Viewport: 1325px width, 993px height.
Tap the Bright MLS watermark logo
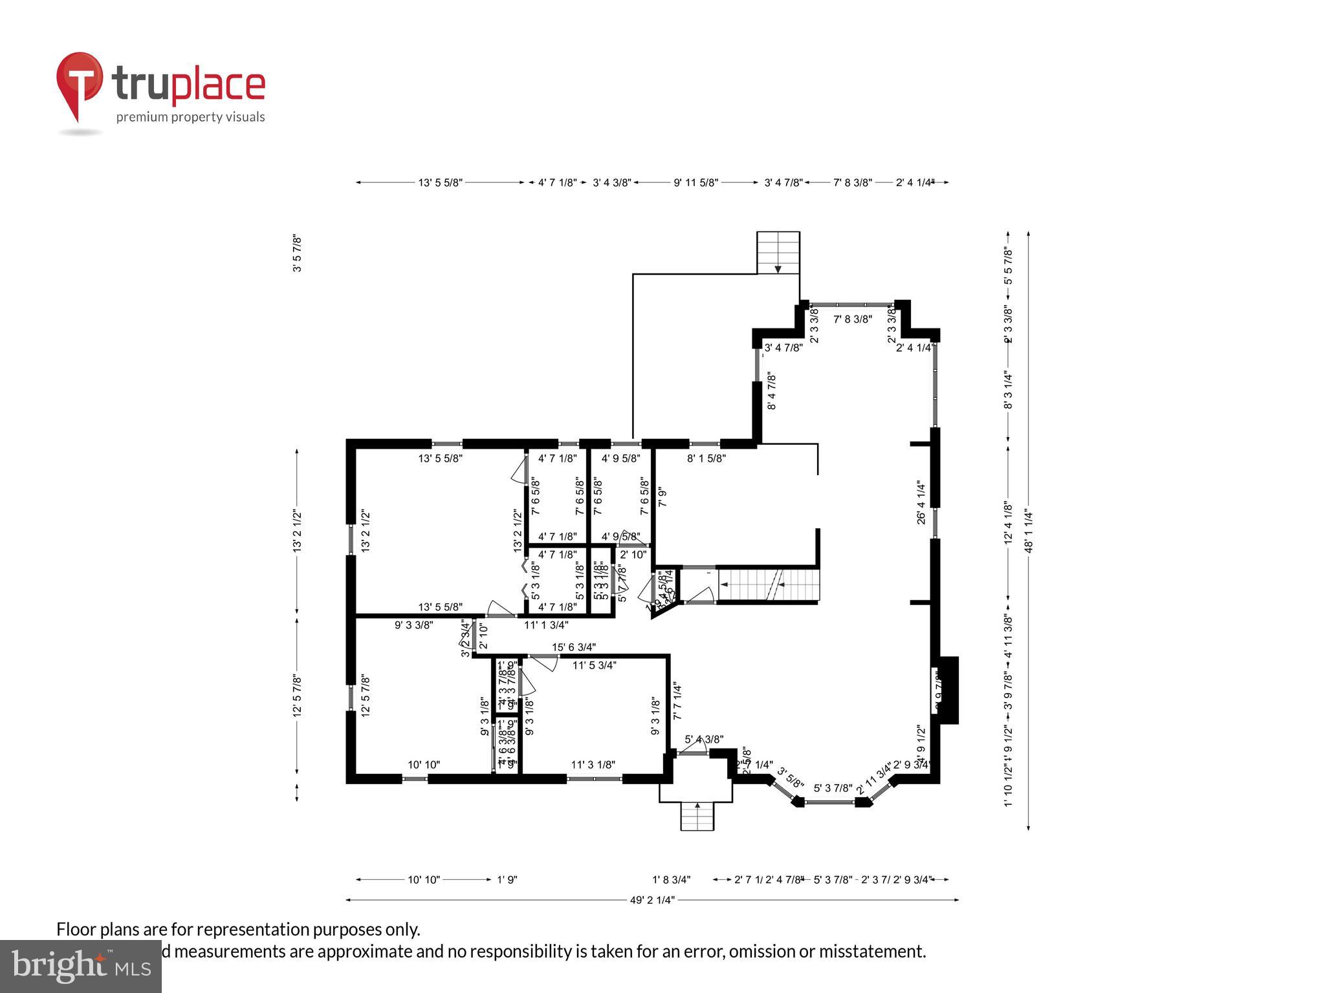80,966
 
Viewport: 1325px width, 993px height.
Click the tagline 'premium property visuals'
190,117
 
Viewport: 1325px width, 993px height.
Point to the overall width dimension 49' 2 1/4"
652,899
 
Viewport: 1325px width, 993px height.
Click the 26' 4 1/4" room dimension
921,502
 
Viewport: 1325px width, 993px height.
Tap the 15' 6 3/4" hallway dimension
573,647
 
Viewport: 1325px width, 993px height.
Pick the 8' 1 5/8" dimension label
706,458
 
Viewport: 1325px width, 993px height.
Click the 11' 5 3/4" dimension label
594,665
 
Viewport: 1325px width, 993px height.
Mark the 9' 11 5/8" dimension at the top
695,183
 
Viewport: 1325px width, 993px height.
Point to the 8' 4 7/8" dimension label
771,391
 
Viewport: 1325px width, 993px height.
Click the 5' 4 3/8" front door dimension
704,739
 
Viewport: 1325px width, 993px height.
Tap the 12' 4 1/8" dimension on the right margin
1007,522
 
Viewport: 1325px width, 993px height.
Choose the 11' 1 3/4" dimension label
546,625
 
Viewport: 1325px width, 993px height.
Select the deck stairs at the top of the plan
778,253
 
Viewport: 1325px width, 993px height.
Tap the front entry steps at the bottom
697,817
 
